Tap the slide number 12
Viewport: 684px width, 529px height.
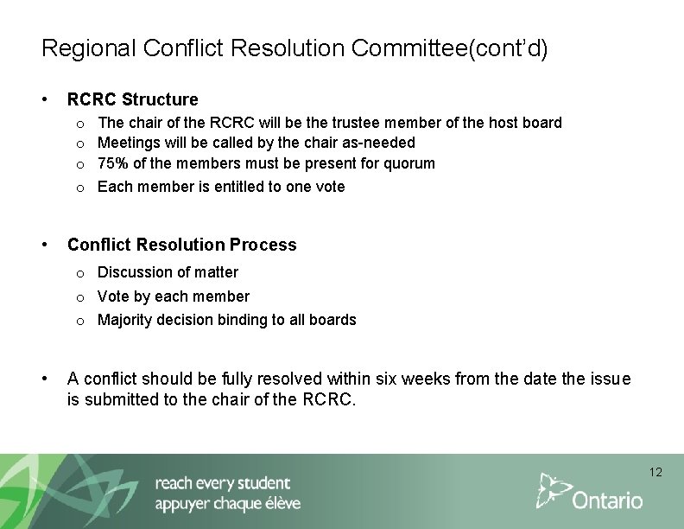655,472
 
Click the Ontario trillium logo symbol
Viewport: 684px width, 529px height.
554,490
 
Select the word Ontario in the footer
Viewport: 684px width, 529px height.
608,500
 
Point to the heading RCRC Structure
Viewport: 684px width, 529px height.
132,99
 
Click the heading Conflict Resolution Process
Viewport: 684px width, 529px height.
181,245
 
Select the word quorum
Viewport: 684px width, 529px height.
409,163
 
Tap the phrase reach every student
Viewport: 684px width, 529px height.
223,482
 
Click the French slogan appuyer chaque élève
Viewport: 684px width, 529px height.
227,504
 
